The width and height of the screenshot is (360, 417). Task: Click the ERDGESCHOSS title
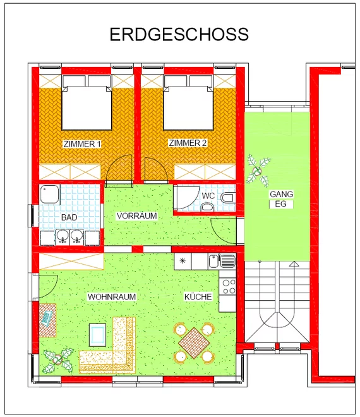tap(179, 34)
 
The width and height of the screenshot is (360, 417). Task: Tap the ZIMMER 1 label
tap(82, 144)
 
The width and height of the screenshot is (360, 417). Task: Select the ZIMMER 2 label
tap(188, 143)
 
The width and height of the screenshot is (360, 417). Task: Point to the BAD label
tap(69, 217)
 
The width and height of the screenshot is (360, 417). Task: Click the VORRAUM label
tap(136, 215)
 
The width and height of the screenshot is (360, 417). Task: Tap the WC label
tap(208, 196)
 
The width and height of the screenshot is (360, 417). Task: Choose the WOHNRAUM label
tap(112, 296)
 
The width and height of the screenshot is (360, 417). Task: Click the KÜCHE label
tap(198, 296)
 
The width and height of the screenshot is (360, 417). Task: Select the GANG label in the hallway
tap(281, 194)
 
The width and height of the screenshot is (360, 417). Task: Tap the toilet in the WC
tap(228, 198)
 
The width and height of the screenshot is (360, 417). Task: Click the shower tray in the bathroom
tap(50, 195)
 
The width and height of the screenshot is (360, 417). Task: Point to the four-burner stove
tap(229, 286)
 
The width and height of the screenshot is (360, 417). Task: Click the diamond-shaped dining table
tap(195, 343)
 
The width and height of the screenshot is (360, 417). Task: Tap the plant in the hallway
tap(258, 171)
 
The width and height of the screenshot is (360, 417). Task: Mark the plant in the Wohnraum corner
tap(58, 360)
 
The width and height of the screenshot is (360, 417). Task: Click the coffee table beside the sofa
tap(97, 335)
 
